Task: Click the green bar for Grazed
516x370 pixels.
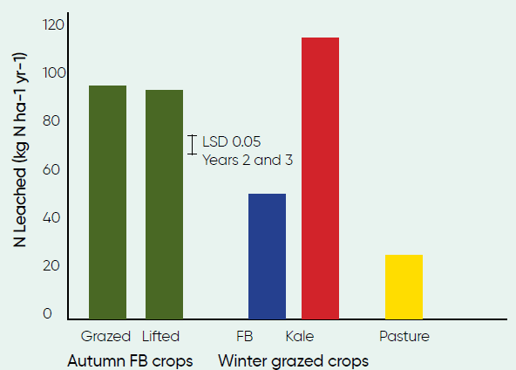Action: coord(107,202)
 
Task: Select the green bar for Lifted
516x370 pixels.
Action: coord(164,204)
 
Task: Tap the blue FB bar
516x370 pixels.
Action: coord(267,257)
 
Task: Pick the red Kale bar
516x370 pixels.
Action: coord(320,178)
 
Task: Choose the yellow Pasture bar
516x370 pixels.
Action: coord(404,286)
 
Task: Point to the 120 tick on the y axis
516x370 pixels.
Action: coord(53,25)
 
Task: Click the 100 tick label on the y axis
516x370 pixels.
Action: coord(54,72)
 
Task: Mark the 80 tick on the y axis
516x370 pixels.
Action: coord(51,121)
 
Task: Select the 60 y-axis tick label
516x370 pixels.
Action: coord(51,169)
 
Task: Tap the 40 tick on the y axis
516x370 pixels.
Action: coord(51,218)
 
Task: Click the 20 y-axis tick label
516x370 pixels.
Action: coord(51,266)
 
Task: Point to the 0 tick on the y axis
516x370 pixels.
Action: coord(47,313)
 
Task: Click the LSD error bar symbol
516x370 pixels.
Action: coord(192,145)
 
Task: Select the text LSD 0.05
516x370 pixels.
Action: coord(232,141)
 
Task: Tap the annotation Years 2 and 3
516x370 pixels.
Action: coord(248,160)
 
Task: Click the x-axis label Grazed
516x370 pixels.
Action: coord(105,337)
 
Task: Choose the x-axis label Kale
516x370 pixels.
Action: coord(300,336)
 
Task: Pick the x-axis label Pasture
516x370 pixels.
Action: coord(404,336)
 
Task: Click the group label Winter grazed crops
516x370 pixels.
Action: coord(294,361)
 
